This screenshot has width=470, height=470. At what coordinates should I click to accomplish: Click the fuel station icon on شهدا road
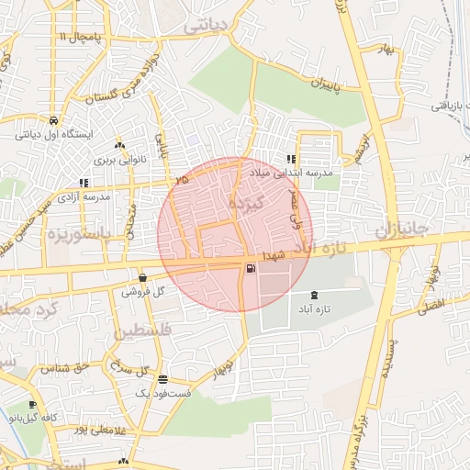click(x=250, y=268)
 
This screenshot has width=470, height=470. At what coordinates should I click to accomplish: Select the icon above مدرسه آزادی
click(x=84, y=182)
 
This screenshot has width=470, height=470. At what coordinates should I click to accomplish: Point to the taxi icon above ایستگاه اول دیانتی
click(x=54, y=120)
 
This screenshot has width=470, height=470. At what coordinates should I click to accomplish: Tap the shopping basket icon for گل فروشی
click(x=142, y=277)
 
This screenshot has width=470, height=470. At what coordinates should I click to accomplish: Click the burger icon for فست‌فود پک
click(x=162, y=379)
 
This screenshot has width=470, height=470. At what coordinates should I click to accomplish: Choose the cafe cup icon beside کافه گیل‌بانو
click(x=33, y=405)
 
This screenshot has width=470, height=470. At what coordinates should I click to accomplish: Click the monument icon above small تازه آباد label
click(x=316, y=295)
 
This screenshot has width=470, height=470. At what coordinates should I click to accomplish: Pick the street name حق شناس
click(x=63, y=368)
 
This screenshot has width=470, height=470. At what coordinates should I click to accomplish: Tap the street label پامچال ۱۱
click(x=76, y=36)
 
